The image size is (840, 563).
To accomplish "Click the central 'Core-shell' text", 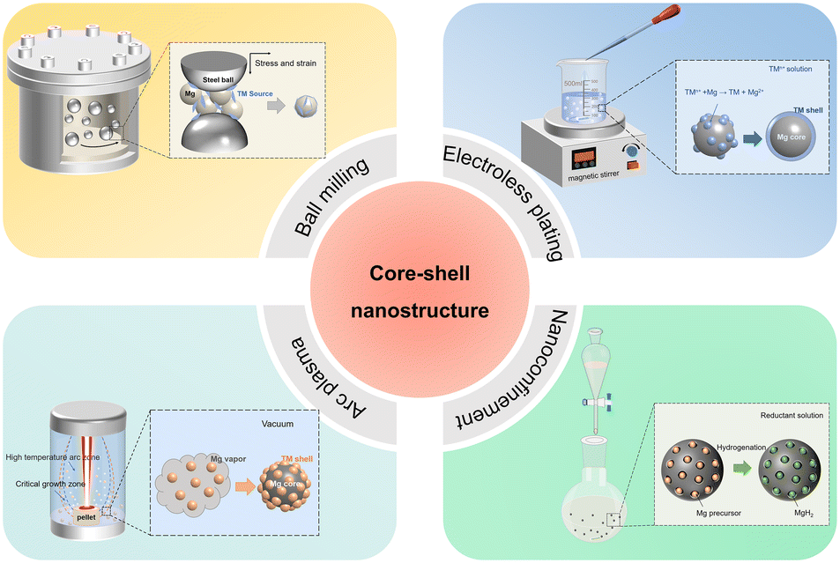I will (x=419, y=274).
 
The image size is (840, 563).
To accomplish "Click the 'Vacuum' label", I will (x=277, y=425).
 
